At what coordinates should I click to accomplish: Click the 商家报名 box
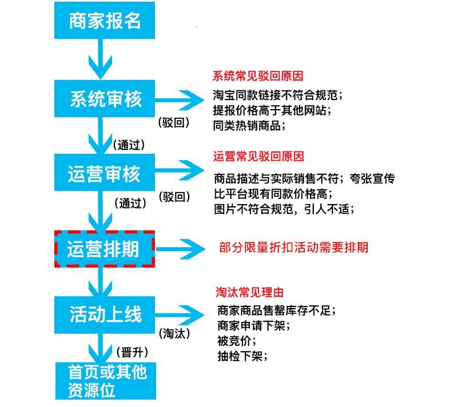105,21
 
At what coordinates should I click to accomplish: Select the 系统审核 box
105,99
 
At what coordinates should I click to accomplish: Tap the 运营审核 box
105,173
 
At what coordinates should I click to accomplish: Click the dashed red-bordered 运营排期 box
105,249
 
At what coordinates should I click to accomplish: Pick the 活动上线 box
105,315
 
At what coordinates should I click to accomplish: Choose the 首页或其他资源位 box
106,381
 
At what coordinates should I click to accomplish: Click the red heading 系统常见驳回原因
258,76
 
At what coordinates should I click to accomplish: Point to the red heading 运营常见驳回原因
258,157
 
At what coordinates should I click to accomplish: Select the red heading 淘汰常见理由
250,292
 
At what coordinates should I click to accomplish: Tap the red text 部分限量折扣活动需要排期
293,248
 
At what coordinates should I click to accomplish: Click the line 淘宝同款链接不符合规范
277,95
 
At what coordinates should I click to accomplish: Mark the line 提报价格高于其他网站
272,110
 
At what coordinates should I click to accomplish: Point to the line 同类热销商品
249,126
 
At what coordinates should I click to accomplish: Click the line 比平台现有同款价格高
273,194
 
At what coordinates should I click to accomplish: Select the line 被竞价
237,341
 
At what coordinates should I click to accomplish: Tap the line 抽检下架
242,356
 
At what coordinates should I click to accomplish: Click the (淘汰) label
174,333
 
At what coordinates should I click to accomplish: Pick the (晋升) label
132,352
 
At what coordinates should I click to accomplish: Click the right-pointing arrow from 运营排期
181,249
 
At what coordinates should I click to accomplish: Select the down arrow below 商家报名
100,59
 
